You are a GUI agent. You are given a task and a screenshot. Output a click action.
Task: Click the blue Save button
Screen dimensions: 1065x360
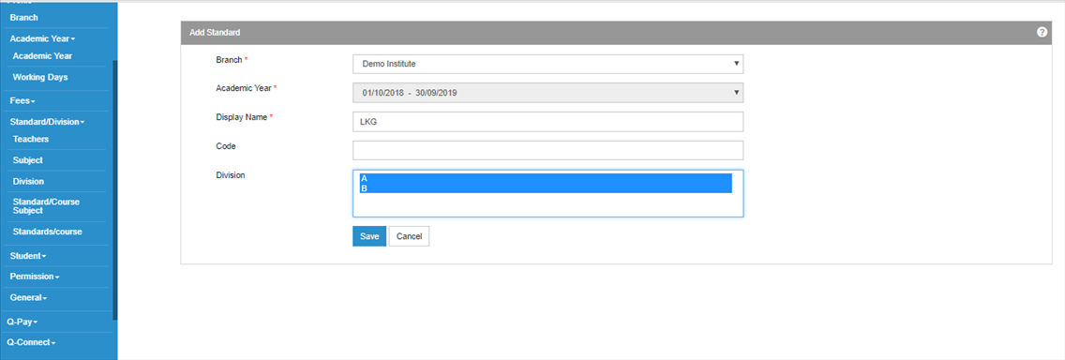[369, 236]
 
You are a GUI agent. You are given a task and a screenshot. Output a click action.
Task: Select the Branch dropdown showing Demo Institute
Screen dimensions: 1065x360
[548, 64]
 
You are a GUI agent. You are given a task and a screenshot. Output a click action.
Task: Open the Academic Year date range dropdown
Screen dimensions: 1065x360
[548, 93]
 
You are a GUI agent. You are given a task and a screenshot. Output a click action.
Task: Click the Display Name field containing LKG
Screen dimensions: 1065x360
[548, 122]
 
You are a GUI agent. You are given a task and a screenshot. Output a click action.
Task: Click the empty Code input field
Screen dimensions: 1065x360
[548, 150]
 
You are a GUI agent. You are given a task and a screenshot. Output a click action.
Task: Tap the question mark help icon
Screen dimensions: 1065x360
[1042, 32]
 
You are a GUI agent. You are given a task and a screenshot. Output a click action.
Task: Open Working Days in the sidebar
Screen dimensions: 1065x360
[40, 78]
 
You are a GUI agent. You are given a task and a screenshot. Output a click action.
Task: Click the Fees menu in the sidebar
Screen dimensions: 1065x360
[22, 100]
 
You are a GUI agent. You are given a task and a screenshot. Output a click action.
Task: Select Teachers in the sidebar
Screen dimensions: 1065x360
[31, 140]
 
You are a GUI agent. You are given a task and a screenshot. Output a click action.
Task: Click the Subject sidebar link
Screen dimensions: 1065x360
[28, 160]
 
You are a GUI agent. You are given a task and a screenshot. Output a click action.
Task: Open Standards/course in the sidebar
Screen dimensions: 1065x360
[47, 232]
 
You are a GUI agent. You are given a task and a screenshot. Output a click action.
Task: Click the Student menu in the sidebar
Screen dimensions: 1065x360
[28, 256]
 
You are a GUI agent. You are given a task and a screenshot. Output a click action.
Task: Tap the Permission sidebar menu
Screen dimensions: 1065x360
[35, 277]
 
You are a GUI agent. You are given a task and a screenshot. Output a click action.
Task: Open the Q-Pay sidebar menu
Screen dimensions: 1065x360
[22, 322]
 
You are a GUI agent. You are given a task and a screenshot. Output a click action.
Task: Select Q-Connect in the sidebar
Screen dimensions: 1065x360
[31, 342]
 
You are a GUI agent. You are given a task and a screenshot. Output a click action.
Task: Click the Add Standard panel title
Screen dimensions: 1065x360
[215, 32]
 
